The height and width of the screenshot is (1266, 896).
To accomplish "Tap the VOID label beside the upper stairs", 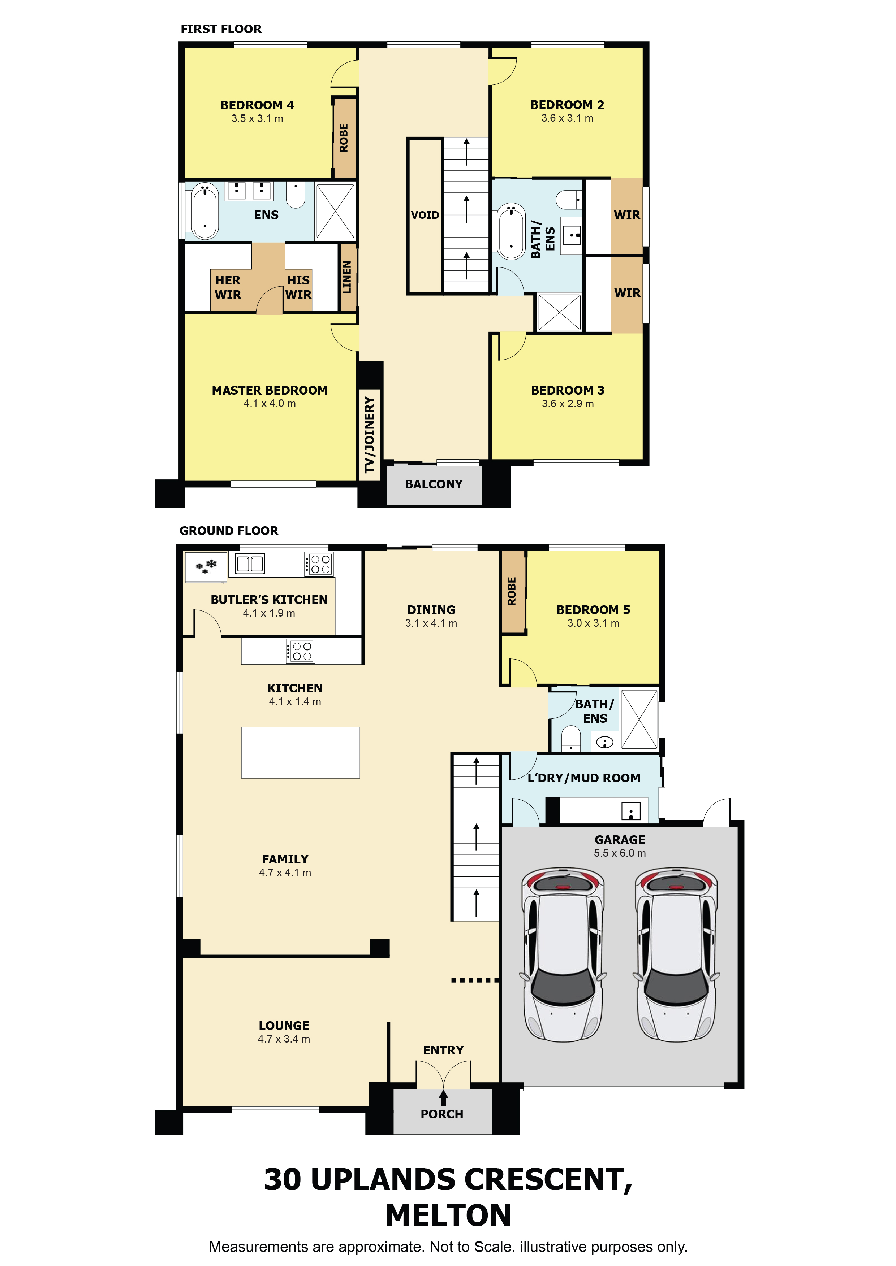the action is coord(425,215).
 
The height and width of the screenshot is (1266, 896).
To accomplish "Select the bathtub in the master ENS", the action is coord(205,211).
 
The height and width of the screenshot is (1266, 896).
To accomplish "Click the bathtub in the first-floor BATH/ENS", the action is coord(511,232).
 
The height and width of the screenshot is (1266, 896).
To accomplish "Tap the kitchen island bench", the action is coord(300,753).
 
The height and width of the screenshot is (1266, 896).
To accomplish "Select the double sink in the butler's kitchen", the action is coord(250,564).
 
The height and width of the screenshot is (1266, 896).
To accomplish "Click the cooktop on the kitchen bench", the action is coord(301,651).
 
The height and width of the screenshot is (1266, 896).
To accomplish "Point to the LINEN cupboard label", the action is coord(346,277).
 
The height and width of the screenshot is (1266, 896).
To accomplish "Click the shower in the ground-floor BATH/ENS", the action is coord(639,719).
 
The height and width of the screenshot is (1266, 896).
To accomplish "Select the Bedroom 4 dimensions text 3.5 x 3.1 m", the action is coord(257,118).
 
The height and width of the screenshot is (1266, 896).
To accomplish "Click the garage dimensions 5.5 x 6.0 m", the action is coord(620,853).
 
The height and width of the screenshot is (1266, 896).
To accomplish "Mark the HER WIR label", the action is coord(228,287).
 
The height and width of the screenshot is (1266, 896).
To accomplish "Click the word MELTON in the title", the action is coord(448,1216).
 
